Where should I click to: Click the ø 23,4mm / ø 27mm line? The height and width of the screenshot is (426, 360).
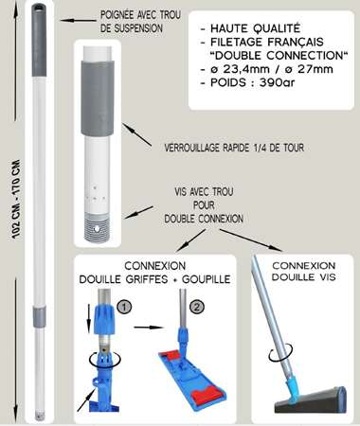[x=275, y=75]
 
